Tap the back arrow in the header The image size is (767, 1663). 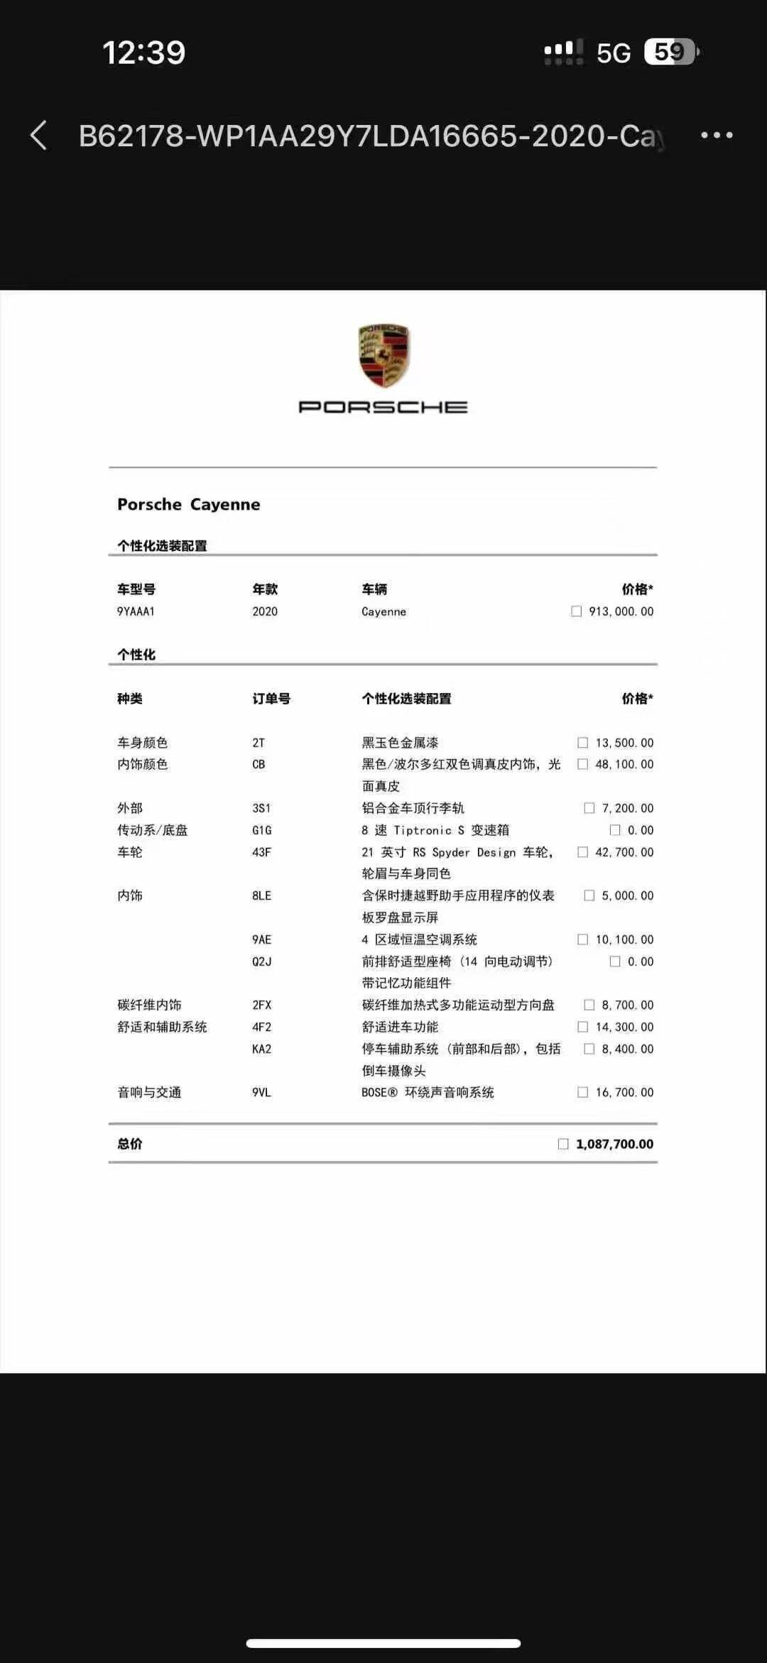pos(39,135)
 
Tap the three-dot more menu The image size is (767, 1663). pos(717,135)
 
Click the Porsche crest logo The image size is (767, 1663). pos(383,356)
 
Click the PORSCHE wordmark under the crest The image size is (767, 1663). pos(383,407)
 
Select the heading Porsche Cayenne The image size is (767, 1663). pos(188,504)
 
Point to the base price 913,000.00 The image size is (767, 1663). pos(621,611)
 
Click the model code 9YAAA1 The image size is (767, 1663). pos(136,611)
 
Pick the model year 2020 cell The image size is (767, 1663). pos(265,611)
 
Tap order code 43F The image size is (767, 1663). pos(261,852)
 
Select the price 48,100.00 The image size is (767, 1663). pos(624,764)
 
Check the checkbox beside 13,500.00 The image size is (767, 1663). pos(583,743)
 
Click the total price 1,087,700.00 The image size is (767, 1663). pos(614,1144)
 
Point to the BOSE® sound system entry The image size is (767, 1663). pos(428,1092)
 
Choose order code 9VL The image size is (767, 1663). pos(261,1092)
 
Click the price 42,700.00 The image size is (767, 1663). pos(624,852)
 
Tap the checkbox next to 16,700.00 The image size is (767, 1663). pos(583,1092)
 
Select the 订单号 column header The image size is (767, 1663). pos(271,699)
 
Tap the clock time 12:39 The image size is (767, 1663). pos(143,53)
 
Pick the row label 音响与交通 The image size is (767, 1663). pos(149,1092)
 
